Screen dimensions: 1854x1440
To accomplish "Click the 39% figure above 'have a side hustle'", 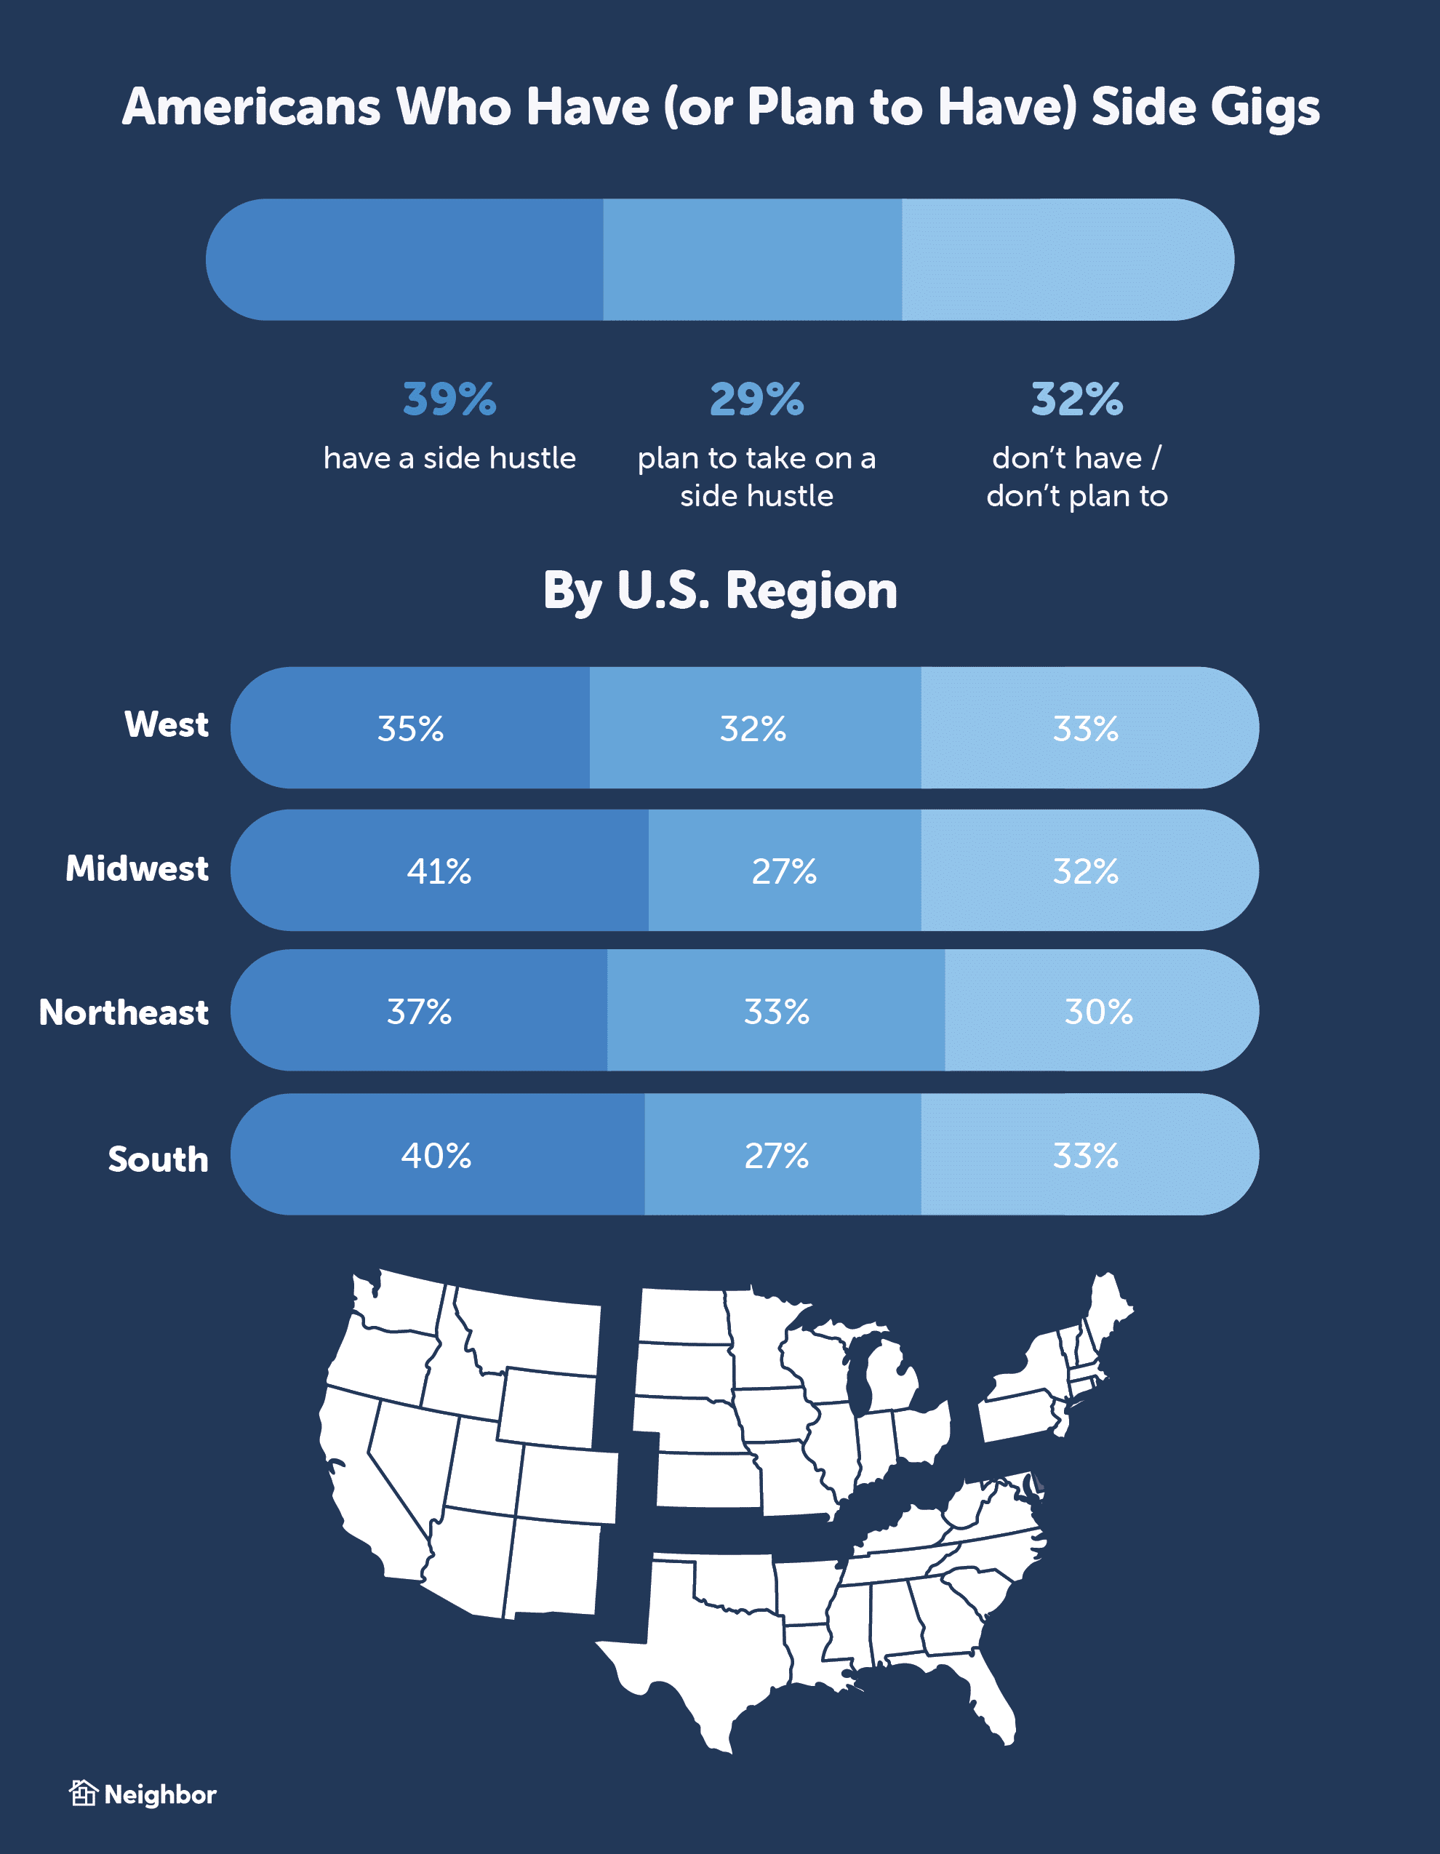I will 449,399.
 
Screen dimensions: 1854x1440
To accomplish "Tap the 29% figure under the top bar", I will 756,399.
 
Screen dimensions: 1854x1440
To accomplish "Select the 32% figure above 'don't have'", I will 1076,399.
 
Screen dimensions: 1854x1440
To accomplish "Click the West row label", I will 167,724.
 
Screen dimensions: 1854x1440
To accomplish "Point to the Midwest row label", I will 137,868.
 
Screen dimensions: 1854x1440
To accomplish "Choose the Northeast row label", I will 124,1012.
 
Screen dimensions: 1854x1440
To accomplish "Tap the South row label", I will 158,1159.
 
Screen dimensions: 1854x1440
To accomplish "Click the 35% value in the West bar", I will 410,728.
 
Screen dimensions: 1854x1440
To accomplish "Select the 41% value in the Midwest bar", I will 439,871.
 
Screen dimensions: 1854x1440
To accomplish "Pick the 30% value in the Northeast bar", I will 1099,1011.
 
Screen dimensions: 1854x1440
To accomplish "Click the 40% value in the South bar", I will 436,1155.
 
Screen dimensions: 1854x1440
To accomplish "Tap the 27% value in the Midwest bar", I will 784,871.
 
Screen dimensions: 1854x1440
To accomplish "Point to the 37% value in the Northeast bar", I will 420,1011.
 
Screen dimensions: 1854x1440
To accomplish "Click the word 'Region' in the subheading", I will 811,591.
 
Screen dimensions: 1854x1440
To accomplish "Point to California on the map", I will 356,1477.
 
